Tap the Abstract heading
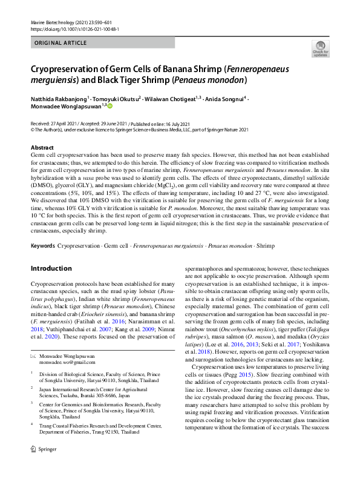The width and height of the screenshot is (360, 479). click(42, 148)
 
